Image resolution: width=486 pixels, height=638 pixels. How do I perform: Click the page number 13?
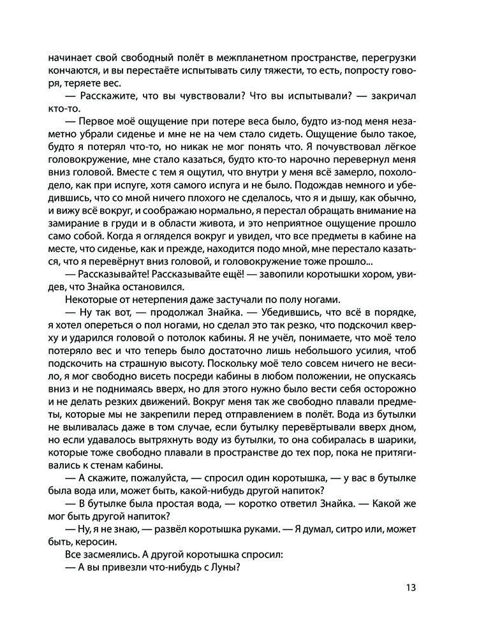point(411,588)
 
